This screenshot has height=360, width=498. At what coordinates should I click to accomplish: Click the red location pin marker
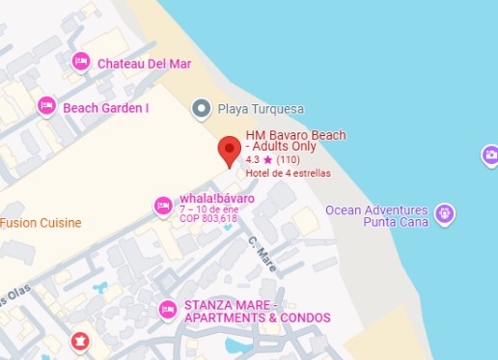click(x=229, y=150)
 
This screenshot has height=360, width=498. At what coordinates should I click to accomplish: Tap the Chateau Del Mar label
click(x=145, y=64)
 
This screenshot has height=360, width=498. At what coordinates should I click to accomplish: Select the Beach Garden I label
click(x=106, y=108)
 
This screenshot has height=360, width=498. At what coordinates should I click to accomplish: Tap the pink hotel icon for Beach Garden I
click(x=46, y=106)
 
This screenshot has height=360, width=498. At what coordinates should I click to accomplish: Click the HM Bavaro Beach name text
click(x=294, y=141)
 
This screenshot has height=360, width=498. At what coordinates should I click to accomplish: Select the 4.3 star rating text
click(x=259, y=159)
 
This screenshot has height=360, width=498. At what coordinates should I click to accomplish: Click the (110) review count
click(x=289, y=159)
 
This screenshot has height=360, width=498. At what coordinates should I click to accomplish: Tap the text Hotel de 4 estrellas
click(x=288, y=174)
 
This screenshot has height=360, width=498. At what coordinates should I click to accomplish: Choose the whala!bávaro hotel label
click(x=217, y=199)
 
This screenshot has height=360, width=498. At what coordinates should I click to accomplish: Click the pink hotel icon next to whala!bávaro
click(x=163, y=206)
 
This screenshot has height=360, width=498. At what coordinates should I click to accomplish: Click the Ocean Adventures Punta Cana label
click(x=375, y=216)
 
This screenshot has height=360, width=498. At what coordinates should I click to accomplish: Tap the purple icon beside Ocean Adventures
click(x=444, y=213)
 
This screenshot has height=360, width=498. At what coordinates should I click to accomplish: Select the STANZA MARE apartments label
click(x=257, y=311)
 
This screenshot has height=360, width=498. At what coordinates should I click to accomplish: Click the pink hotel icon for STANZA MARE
click(x=167, y=310)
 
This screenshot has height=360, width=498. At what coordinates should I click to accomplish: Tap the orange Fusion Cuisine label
click(x=41, y=223)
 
